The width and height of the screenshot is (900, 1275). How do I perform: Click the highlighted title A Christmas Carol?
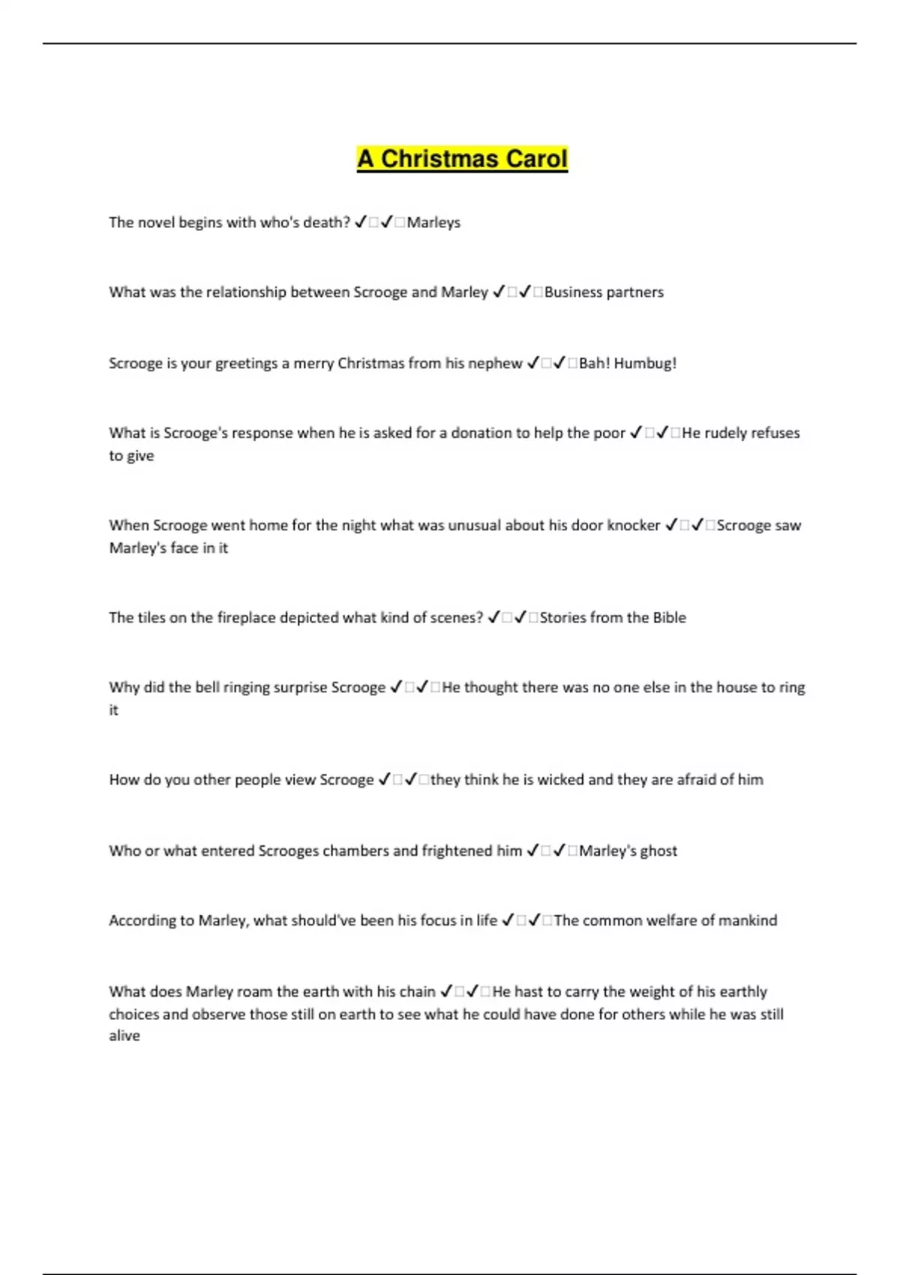pos(462,159)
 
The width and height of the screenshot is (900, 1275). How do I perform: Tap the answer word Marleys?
pos(433,223)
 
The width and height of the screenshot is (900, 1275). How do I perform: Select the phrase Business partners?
pos(604,292)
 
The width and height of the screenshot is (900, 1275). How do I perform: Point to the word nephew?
pos(495,364)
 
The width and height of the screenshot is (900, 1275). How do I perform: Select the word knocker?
pos(634,526)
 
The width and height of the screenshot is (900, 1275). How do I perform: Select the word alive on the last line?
pos(124,1036)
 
